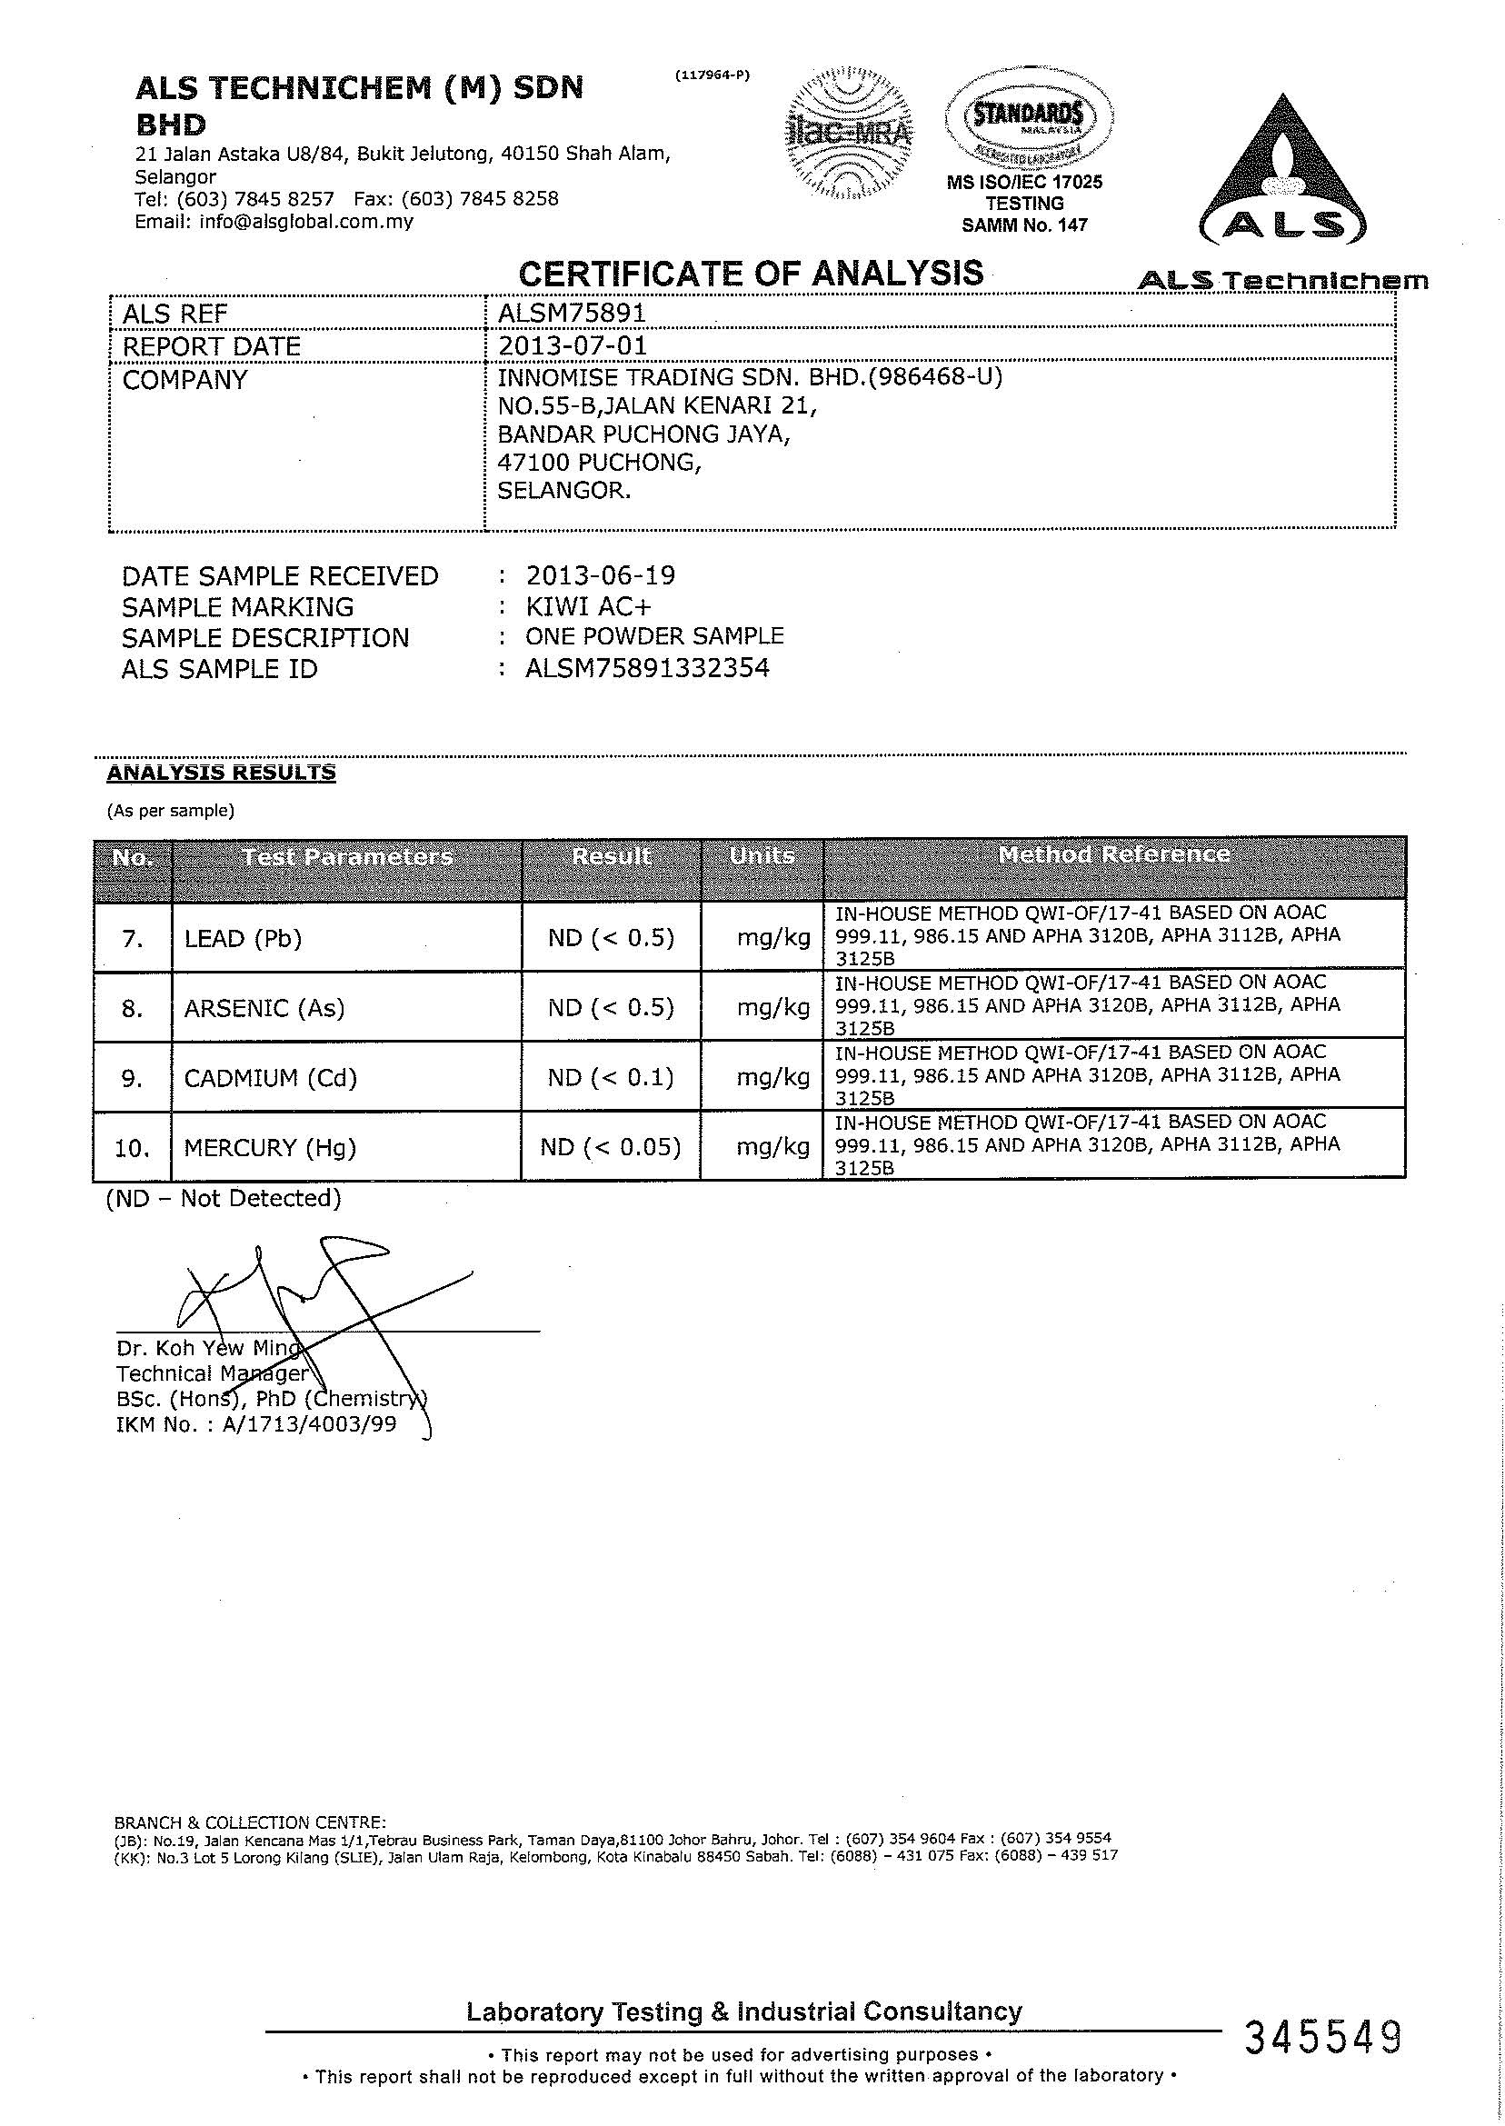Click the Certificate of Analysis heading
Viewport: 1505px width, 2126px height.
point(751,274)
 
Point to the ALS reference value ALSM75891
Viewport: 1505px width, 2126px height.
point(571,314)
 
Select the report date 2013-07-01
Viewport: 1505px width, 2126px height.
point(572,345)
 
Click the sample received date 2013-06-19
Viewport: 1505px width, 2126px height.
point(601,575)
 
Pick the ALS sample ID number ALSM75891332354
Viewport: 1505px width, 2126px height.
point(647,668)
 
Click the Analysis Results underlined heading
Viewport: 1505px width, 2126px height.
point(222,773)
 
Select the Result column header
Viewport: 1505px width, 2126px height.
point(612,856)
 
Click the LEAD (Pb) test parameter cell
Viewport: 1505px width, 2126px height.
point(244,939)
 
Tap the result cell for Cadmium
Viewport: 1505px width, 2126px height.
point(611,1078)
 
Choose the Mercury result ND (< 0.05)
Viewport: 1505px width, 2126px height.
point(611,1147)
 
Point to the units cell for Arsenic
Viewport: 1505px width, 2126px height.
point(772,1007)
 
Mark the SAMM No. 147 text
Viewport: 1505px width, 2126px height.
point(1024,225)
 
